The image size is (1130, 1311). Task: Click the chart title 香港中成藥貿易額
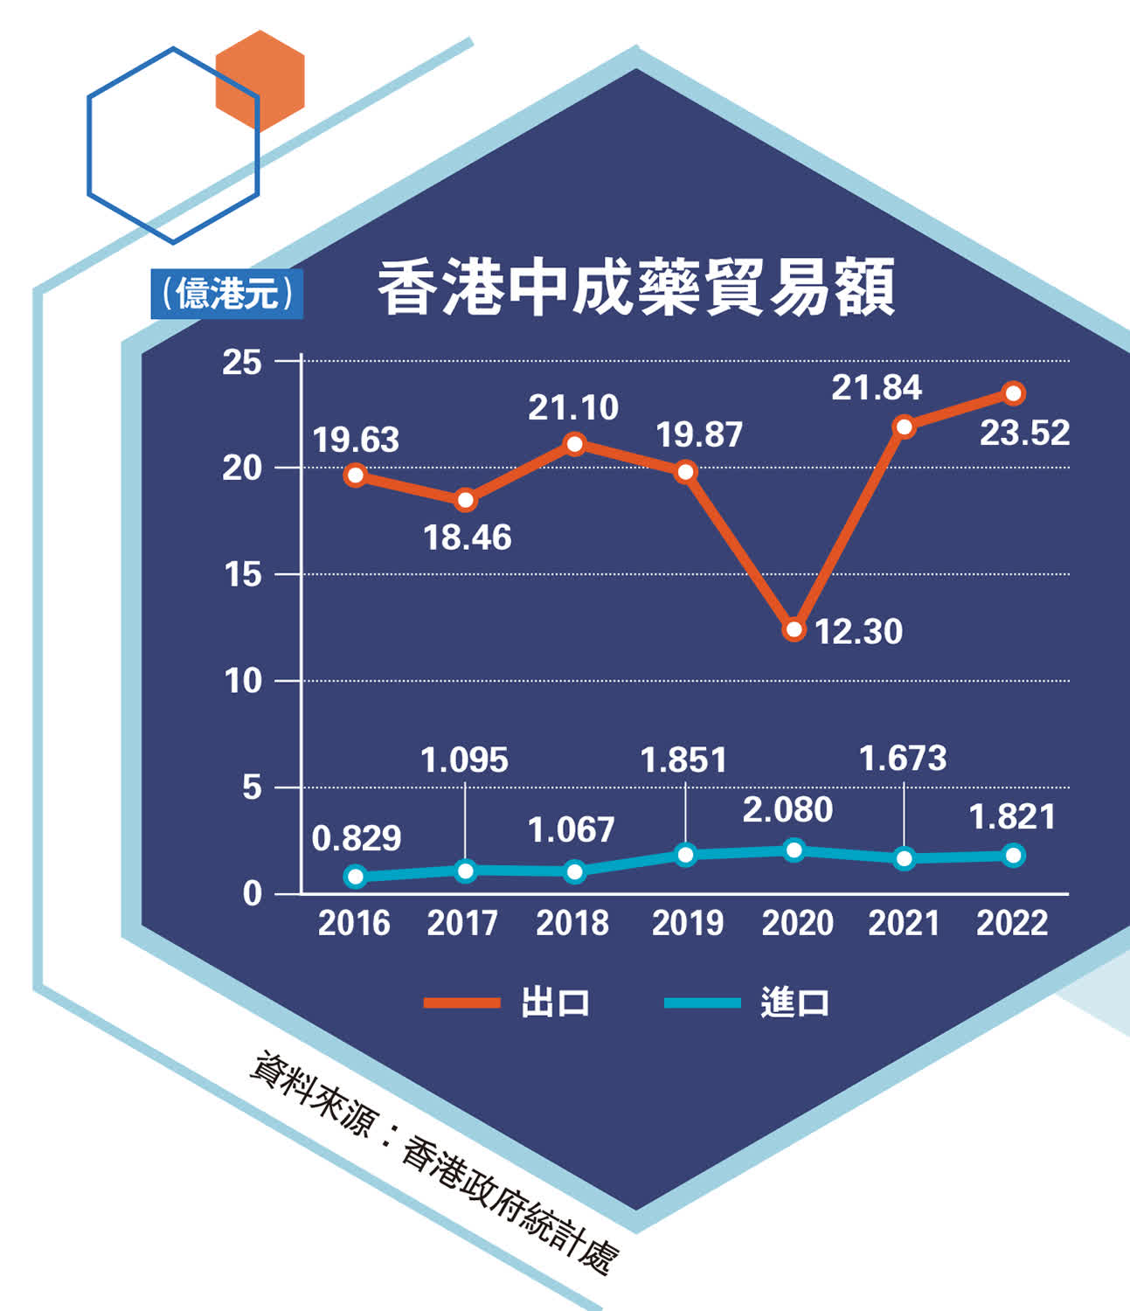coord(635,288)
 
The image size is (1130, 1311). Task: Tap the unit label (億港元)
coord(226,294)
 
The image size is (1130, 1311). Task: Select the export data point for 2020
coord(794,629)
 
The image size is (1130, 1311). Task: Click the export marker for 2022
coord(1014,393)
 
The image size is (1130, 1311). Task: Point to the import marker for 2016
coord(356,877)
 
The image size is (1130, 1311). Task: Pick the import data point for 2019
coord(686,855)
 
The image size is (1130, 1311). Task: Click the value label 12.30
coord(858,632)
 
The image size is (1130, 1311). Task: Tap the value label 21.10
coord(573,407)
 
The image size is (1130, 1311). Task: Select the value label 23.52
coord(1024,433)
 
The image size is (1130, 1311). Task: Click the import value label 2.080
coord(787,810)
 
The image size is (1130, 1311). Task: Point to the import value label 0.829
coord(357,839)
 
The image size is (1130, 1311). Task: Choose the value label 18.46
coord(468,538)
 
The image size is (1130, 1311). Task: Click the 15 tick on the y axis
coord(243,575)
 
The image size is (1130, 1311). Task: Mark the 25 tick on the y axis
coord(242,362)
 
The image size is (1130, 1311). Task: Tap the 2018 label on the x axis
coord(572,923)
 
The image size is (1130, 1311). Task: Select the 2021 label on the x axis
coord(904,923)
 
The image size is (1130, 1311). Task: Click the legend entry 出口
coord(554,1002)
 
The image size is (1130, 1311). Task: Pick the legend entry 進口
coord(794,1002)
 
